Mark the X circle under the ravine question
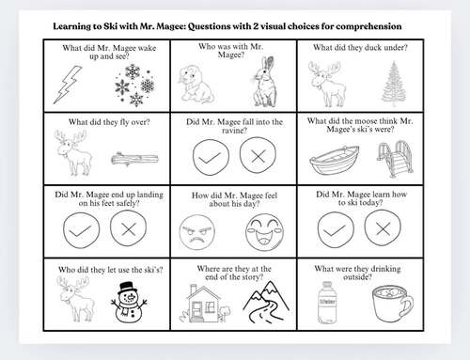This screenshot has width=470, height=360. click(258, 156)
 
